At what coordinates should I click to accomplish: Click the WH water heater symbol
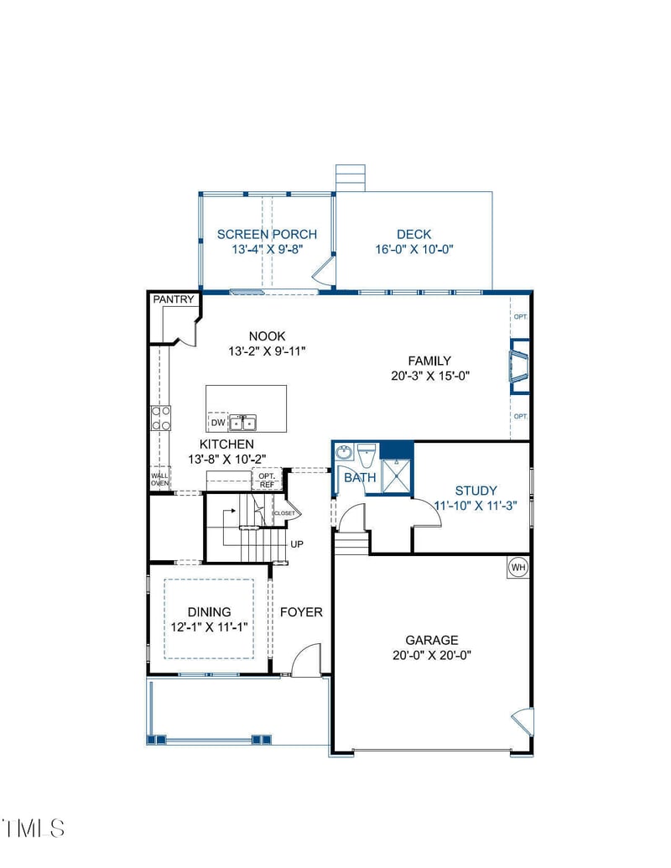(518, 568)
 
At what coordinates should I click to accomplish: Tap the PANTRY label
(174, 299)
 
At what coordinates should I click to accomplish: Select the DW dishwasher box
(217, 422)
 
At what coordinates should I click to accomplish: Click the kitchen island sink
(243, 422)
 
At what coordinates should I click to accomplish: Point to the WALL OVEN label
(159, 480)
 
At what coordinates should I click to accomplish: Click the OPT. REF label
(267, 480)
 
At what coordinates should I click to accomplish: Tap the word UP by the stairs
(297, 544)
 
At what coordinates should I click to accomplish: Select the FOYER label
(301, 612)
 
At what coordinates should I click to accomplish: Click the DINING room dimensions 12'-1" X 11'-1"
(209, 627)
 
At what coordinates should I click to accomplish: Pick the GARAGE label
(432, 640)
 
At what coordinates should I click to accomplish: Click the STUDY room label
(476, 491)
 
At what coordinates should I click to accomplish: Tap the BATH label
(361, 477)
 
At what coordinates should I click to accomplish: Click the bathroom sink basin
(344, 454)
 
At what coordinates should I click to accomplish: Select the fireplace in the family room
(519, 366)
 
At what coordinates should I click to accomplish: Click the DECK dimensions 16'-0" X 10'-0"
(414, 249)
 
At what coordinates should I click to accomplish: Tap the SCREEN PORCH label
(267, 234)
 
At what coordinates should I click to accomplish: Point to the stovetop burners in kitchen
(160, 418)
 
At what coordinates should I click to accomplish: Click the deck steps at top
(351, 178)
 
